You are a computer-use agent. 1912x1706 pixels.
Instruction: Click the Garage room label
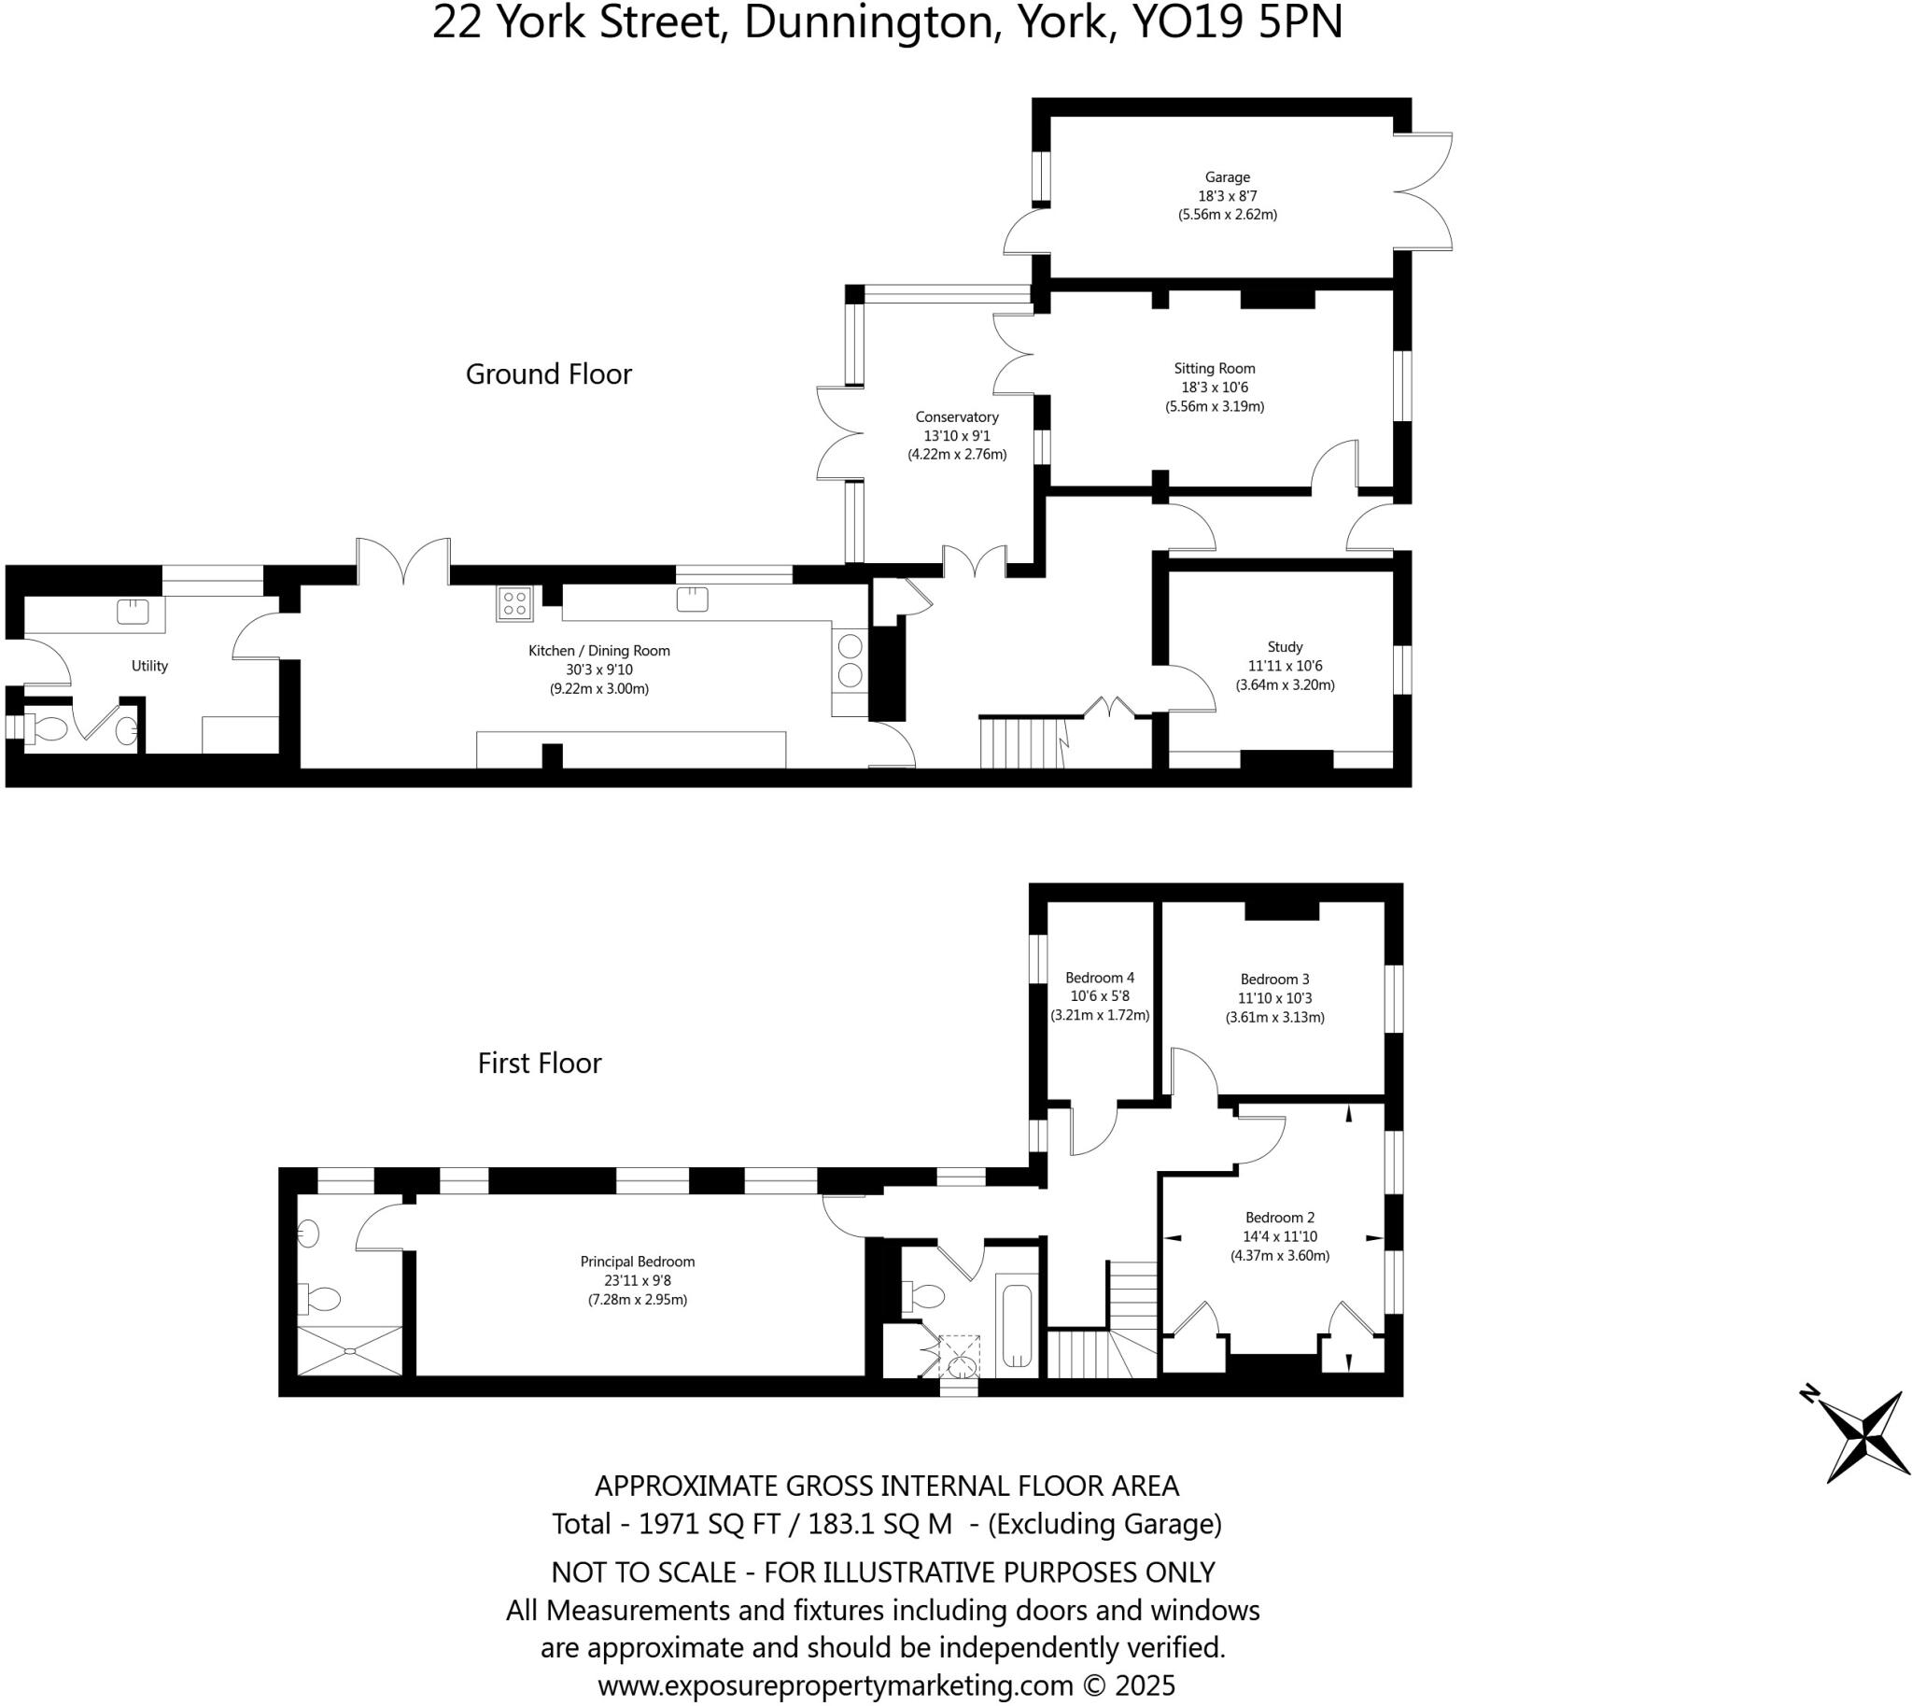pyautogui.click(x=1227, y=177)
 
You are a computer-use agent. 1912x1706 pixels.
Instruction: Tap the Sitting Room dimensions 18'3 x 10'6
pyautogui.click(x=1214, y=388)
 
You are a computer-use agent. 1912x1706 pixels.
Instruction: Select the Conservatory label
pyautogui.click(x=956, y=417)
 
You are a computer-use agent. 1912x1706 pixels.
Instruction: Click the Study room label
pyautogui.click(x=1284, y=647)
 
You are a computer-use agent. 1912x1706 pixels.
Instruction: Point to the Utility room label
pyautogui.click(x=149, y=666)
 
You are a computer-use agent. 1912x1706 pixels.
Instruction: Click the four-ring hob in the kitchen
pyautogui.click(x=514, y=602)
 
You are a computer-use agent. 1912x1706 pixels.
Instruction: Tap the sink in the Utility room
pyautogui.click(x=133, y=613)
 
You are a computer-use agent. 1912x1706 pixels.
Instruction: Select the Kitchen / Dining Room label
pyautogui.click(x=599, y=651)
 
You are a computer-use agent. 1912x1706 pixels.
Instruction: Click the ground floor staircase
pyautogui.click(x=1021, y=742)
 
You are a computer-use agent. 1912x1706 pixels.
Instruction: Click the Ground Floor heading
pyautogui.click(x=548, y=374)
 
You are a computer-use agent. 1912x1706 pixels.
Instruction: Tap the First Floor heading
pyautogui.click(x=539, y=1063)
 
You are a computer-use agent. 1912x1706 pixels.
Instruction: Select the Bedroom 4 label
pyautogui.click(x=1100, y=978)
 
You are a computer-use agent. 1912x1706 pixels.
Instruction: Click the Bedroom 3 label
pyautogui.click(x=1274, y=979)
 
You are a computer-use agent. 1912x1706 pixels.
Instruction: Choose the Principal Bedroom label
pyautogui.click(x=638, y=1262)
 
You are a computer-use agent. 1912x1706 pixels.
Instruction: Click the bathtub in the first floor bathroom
pyautogui.click(x=1017, y=1325)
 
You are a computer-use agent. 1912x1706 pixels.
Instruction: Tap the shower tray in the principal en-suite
pyautogui.click(x=349, y=1351)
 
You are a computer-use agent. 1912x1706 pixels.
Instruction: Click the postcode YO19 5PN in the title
pyautogui.click(x=1237, y=22)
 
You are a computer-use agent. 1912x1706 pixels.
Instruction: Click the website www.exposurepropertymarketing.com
pyautogui.click(x=834, y=1685)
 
